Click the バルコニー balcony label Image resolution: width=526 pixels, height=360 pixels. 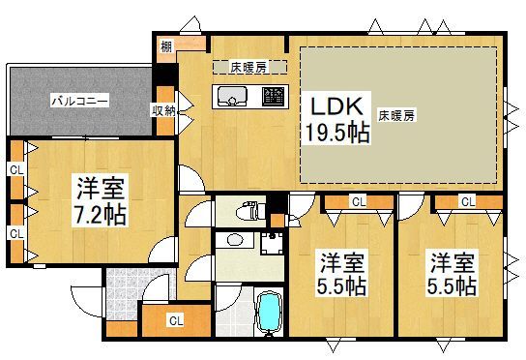[79, 100]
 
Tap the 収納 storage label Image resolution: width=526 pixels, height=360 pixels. [163, 110]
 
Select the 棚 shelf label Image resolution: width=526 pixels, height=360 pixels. [167, 44]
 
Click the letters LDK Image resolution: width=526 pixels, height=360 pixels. [332, 104]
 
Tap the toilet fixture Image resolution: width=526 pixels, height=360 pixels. [248, 209]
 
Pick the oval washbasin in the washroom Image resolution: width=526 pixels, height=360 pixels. [233, 239]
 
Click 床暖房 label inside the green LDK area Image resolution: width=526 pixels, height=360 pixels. [396, 115]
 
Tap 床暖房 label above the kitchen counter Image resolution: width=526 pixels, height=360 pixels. [248, 68]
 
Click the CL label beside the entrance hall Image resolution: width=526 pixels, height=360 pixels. [175, 319]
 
